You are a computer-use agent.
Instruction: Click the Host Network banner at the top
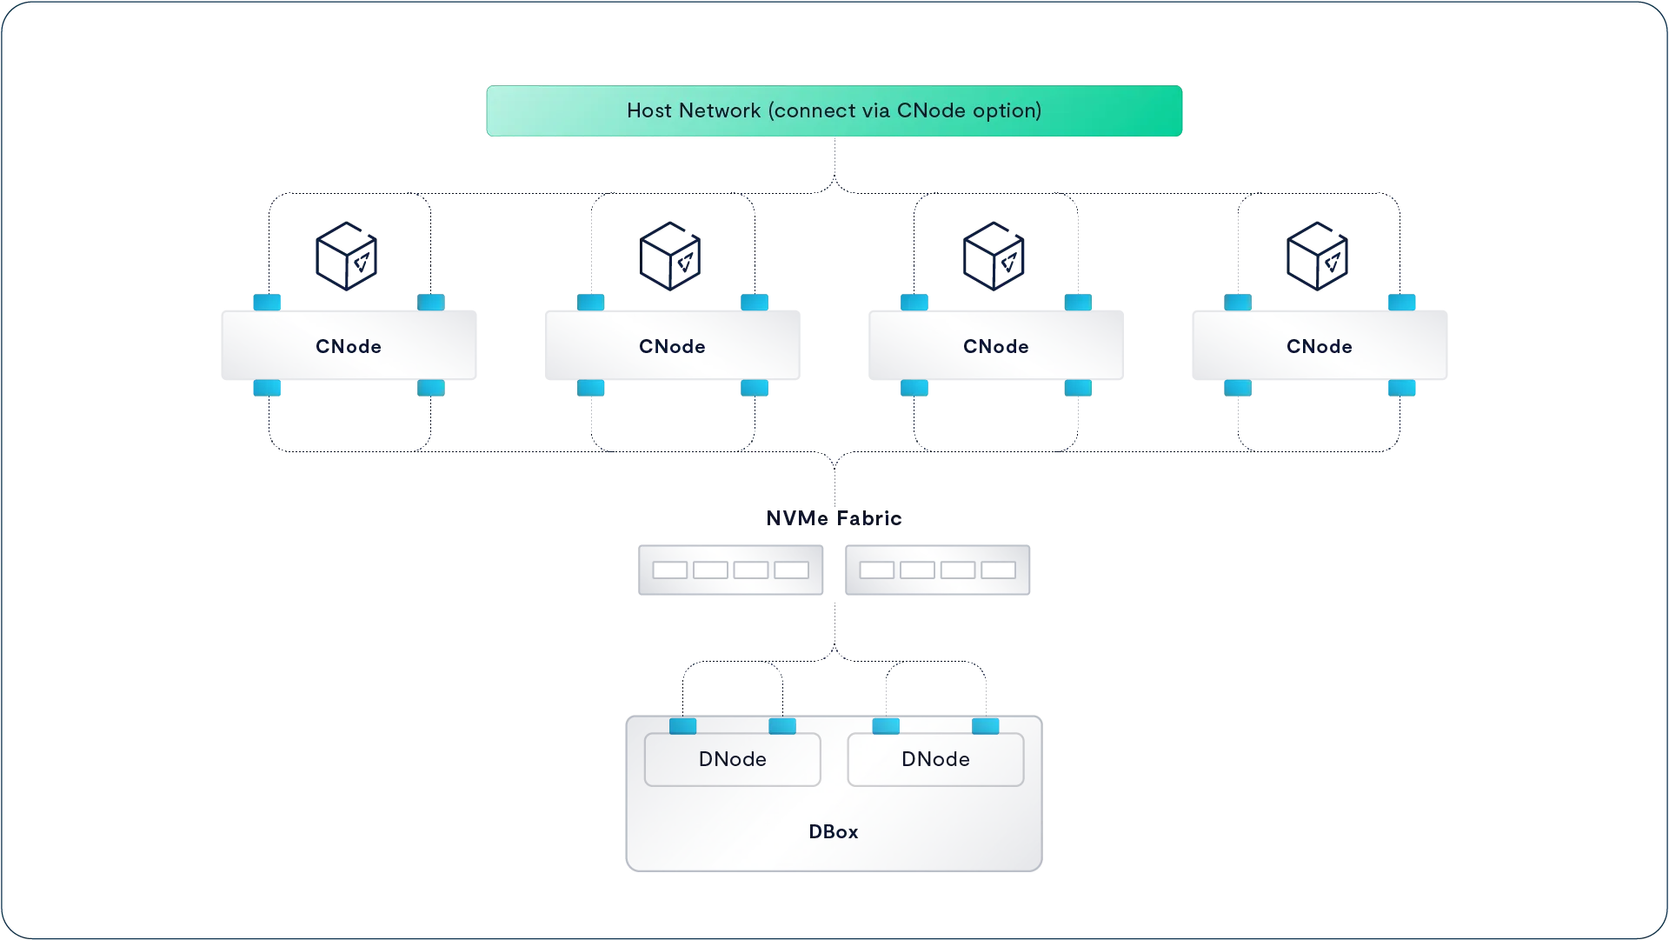(x=834, y=110)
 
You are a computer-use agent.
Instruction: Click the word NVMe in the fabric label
(x=797, y=518)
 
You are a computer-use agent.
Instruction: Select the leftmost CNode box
(x=349, y=345)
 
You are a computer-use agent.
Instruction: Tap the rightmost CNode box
(x=1320, y=345)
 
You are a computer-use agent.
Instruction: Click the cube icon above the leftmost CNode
(x=346, y=256)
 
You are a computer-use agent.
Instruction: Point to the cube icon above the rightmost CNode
(x=1317, y=256)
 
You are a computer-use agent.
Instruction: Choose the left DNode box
(x=733, y=759)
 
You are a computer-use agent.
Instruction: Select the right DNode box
(x=935, y=759)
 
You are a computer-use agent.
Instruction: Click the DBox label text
(x=834, y=831)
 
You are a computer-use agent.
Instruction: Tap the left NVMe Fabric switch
(x=730, y=570)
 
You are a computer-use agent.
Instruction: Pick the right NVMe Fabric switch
(x=937, y=570)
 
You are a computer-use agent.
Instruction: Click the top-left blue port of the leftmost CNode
(x=267, y=302)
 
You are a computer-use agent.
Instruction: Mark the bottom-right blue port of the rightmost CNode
(x=1401, y=388)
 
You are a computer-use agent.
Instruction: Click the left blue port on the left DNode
(x=682, y=726)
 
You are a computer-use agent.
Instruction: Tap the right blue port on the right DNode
(x=985, y=726)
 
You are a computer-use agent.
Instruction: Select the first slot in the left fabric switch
(x=669, y=570)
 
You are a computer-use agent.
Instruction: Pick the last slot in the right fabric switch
(x=998, y=570)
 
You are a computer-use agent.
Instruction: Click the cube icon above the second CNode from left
(x=670, y=256)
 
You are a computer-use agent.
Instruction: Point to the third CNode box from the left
(x=996, y=345)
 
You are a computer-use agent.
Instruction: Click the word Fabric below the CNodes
(x=869, y=518)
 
